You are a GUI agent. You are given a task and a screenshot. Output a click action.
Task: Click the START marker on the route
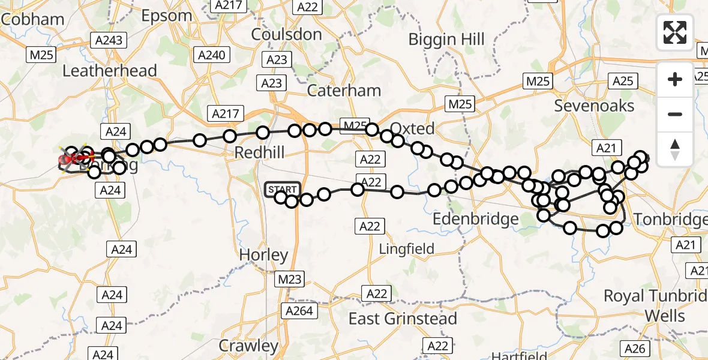(x=282, y=189)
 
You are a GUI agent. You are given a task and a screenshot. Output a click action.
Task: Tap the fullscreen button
(x=675, y=32)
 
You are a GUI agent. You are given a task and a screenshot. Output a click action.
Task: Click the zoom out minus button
(x=675, y=114)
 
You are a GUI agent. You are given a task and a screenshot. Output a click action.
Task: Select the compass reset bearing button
(x=675, y=149)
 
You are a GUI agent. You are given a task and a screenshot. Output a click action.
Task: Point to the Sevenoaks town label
(x=594, y=106)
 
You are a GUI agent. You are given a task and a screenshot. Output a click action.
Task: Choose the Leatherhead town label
(x=110, y=71)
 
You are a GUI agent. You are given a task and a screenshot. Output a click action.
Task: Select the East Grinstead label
(x=403, y=318)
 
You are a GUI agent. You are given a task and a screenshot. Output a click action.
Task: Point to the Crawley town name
(x=248, y=346)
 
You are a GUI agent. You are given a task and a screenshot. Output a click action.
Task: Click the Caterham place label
(x=344, y=91)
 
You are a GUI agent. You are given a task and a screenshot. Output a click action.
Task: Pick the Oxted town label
(x=412, y=128)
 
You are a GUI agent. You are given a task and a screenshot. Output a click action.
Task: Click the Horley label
(x=264, y=254)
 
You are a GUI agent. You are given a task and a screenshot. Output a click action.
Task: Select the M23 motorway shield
(x=291, y=279)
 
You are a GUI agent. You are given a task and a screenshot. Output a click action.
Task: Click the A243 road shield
(x=108, y=41)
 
